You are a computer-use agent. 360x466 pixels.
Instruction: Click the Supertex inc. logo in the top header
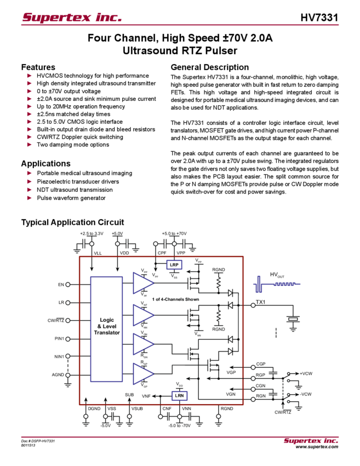[72, 16]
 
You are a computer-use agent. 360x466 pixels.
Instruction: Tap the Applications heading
[46, 163]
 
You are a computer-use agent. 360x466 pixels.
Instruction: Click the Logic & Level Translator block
[106, 329]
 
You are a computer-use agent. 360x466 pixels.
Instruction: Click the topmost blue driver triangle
[143, 283]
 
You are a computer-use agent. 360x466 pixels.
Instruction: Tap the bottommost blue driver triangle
[143, 376]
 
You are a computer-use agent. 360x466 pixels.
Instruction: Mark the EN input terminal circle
[68, 284]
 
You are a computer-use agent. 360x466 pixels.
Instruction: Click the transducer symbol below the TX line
[294, 320]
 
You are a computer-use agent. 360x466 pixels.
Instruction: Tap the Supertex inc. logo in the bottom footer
[311, 440]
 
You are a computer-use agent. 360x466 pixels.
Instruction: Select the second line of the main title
[181, 52]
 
